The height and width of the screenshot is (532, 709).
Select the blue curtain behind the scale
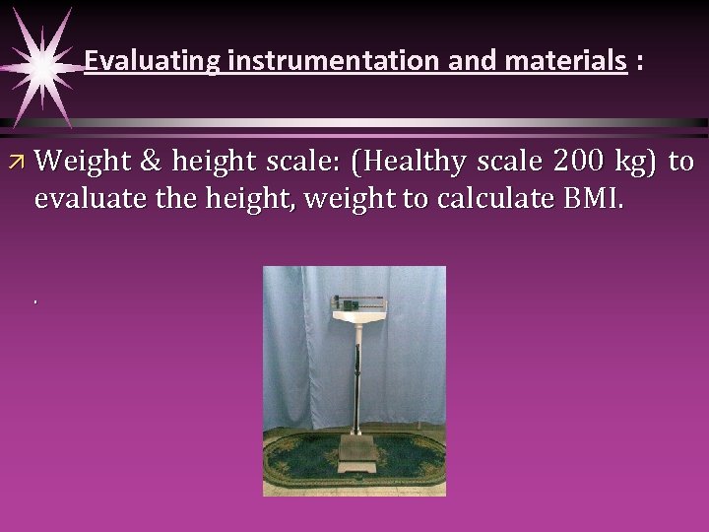[295, 345]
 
